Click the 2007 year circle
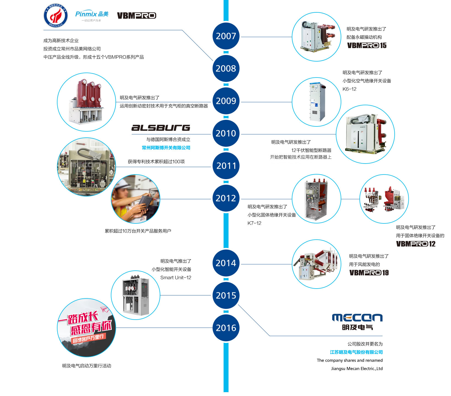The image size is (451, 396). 226,36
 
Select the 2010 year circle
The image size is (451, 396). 226,133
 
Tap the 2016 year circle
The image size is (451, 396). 226,328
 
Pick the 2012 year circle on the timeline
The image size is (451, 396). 226,198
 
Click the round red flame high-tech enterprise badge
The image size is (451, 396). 56,16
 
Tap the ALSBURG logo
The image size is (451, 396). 161,128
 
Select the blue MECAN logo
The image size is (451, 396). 357,318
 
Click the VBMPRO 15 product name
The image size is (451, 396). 367,46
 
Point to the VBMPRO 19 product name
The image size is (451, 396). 369,273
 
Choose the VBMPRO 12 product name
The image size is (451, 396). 416,244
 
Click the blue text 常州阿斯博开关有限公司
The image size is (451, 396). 166,148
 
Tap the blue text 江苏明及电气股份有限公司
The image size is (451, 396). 356,352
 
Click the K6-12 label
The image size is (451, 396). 350,89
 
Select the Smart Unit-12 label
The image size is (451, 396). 176,278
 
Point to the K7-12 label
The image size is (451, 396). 254,223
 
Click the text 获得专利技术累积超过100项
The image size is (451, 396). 156,162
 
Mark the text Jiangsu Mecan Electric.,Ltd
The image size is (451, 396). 357,369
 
